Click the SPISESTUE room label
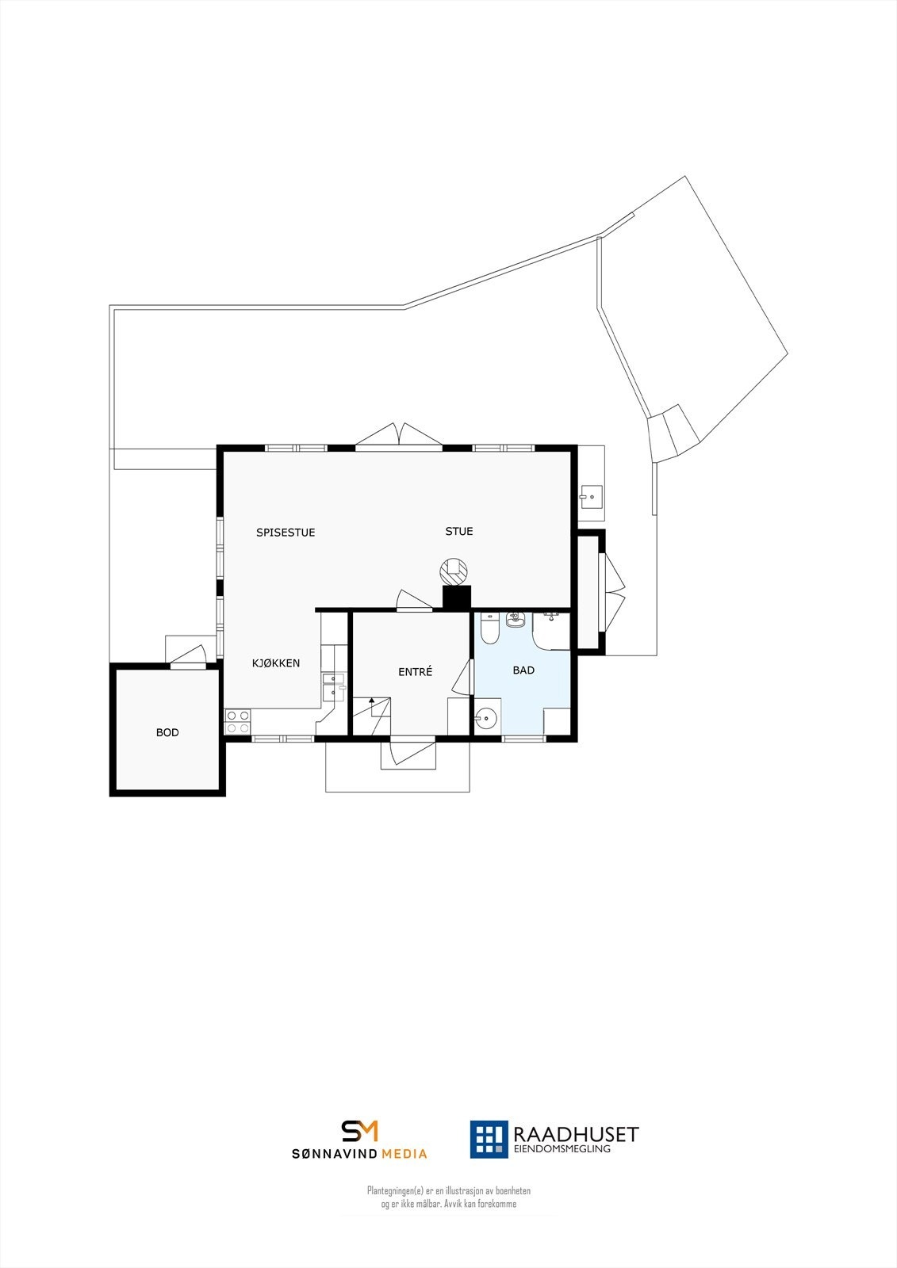coord(286,533)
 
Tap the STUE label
coord(458,531)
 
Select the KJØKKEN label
coord(276,663)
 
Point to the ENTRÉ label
coord(415,672)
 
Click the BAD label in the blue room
coord(523,670)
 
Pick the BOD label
coord(167,733)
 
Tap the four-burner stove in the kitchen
coord(238,722)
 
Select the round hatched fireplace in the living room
coord(455,569)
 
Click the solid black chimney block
coord(456,597)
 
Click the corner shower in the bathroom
coord(552,629)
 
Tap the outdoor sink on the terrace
coord(590,497)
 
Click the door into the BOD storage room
coord(188,656)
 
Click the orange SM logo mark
coord(359,1131)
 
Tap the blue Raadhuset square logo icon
coord(489,1139)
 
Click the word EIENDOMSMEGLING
coord(562,1149)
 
